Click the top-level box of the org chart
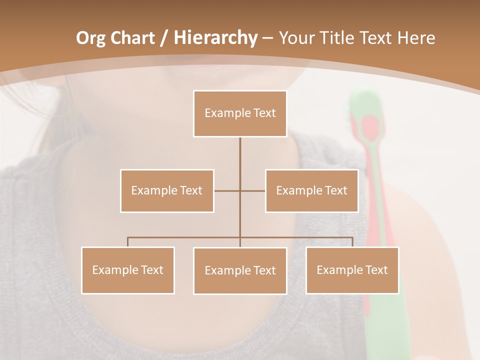[240, 113]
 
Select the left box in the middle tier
[167, 190]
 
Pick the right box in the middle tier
[311, 190]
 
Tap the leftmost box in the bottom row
[128, 270]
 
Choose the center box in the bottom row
[240, 270]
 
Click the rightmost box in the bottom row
[352, 270]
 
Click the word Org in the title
[90, 38]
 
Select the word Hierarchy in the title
[215, 38]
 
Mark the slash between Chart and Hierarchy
[164, 38]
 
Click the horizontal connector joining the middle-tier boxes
[227, 190]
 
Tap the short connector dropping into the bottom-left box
[128, 242]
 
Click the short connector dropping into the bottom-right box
[352, 242]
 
